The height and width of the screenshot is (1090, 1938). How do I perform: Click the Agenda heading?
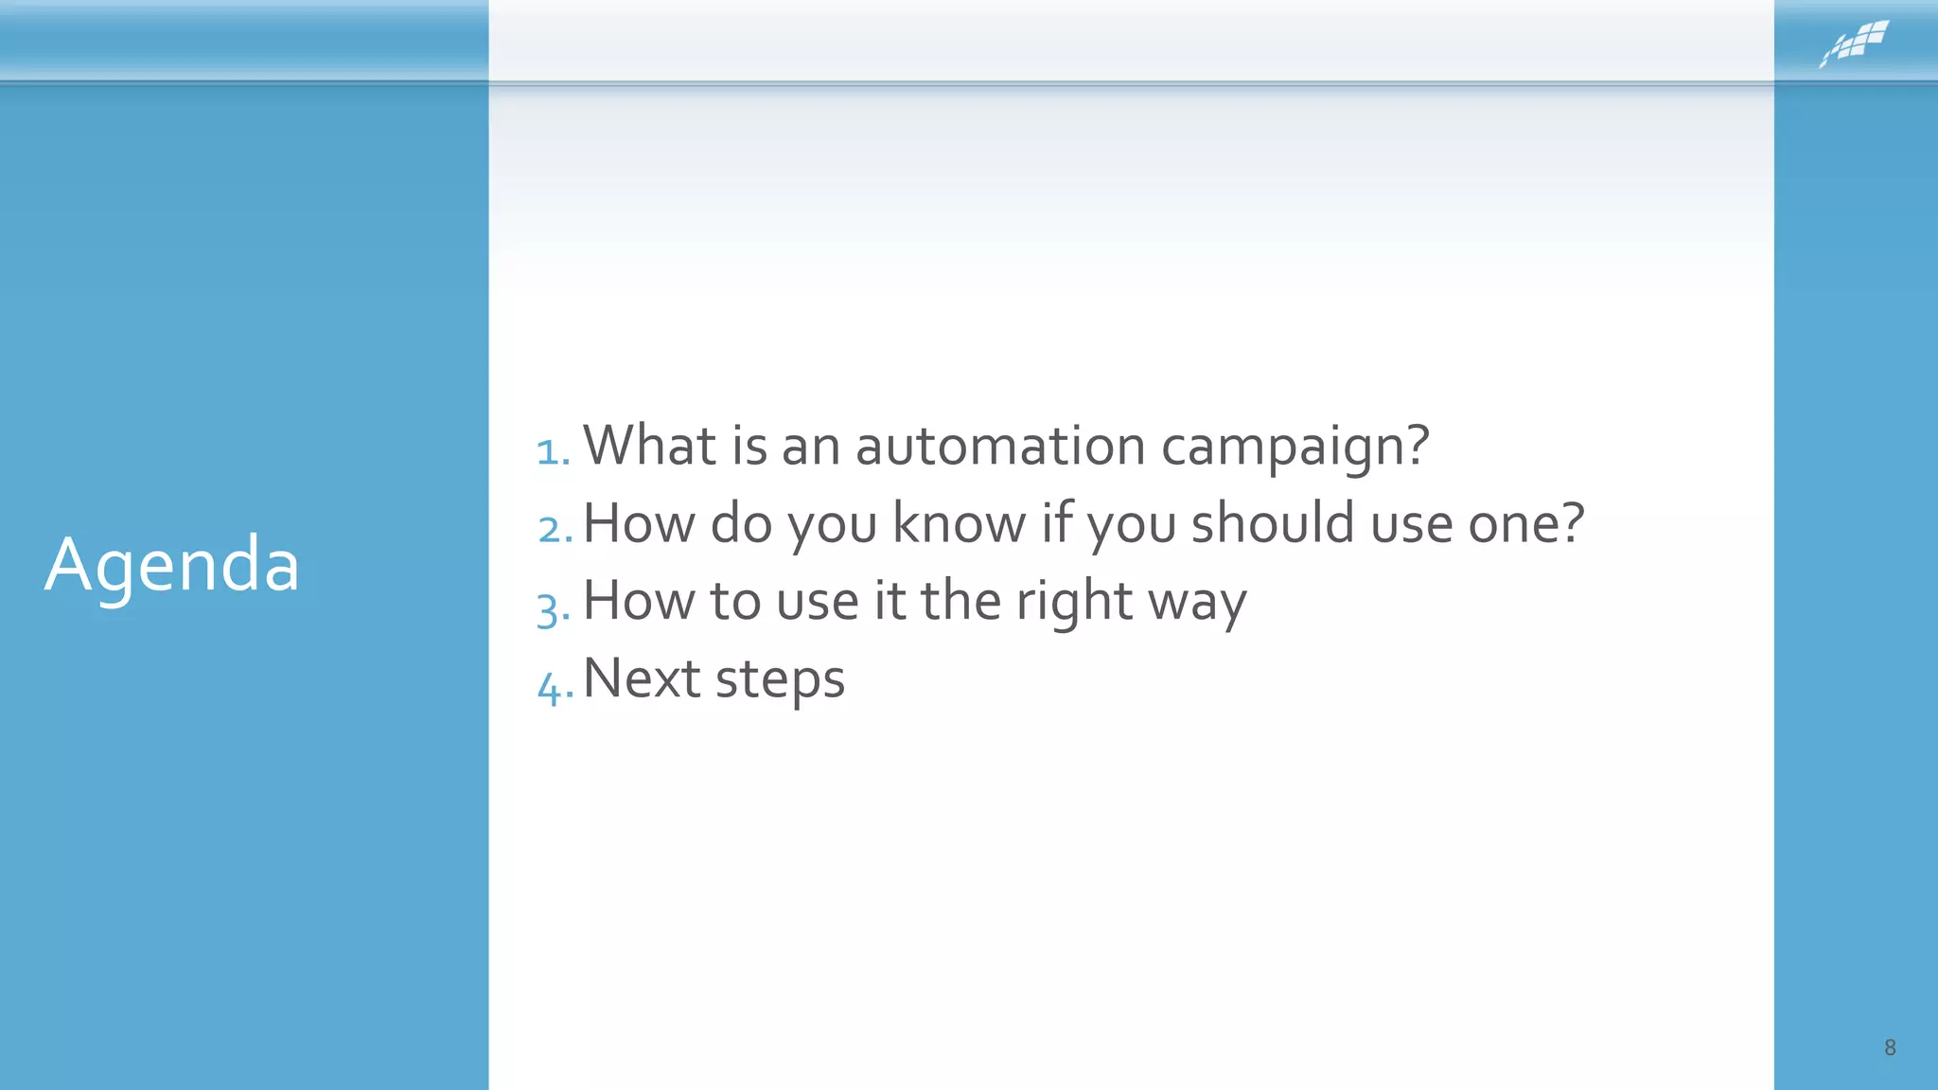[172, 565]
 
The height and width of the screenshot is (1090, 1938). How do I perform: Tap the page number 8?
[1889, 1047]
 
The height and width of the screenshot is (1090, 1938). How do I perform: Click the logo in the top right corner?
[1854, 44]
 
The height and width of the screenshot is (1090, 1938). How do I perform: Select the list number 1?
[553, 450]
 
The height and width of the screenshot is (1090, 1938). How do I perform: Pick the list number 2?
[555, 528]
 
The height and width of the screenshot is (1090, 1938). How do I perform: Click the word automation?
[1000, 446]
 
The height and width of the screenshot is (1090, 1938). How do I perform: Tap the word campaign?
[1295, 446]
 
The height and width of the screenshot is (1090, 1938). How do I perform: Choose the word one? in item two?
[1525, 523]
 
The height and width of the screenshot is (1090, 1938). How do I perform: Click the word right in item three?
[1073, 602]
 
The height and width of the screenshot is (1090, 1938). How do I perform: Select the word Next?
[641, 678]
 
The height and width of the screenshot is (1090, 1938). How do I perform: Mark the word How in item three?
[638, 601]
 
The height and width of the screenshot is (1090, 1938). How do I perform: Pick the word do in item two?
[741, 523]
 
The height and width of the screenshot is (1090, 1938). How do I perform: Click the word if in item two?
[1056, 523]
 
